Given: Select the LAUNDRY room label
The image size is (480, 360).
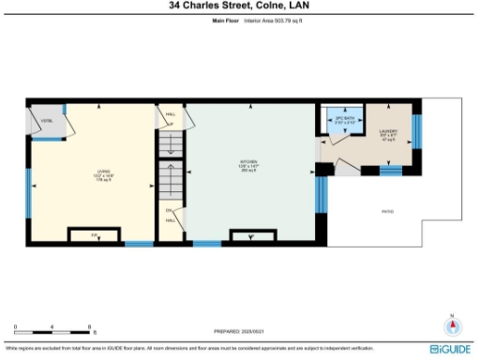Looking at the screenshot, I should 389,131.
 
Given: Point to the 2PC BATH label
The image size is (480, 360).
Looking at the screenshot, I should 346,120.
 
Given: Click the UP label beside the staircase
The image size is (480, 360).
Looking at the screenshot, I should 170,124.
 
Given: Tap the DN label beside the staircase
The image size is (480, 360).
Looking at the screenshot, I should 169,210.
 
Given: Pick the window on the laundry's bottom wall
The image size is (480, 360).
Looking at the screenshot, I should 390,171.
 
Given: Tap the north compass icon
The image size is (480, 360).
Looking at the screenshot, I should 454,325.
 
